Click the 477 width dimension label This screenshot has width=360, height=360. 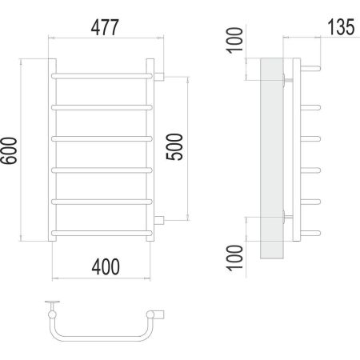(105, 27)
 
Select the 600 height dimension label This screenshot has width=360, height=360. (9, 150)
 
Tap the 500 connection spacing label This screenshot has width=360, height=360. (174, 147)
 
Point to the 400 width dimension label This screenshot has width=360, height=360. (106, 266)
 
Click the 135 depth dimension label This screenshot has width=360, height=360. (341, 26)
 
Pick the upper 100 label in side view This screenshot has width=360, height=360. (234, 40)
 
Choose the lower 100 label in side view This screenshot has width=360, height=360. (234, 258)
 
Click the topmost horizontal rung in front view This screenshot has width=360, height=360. (102, 76)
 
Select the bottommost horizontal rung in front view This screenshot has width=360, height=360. (102, 233)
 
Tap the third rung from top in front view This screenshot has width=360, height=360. (102, 139)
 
